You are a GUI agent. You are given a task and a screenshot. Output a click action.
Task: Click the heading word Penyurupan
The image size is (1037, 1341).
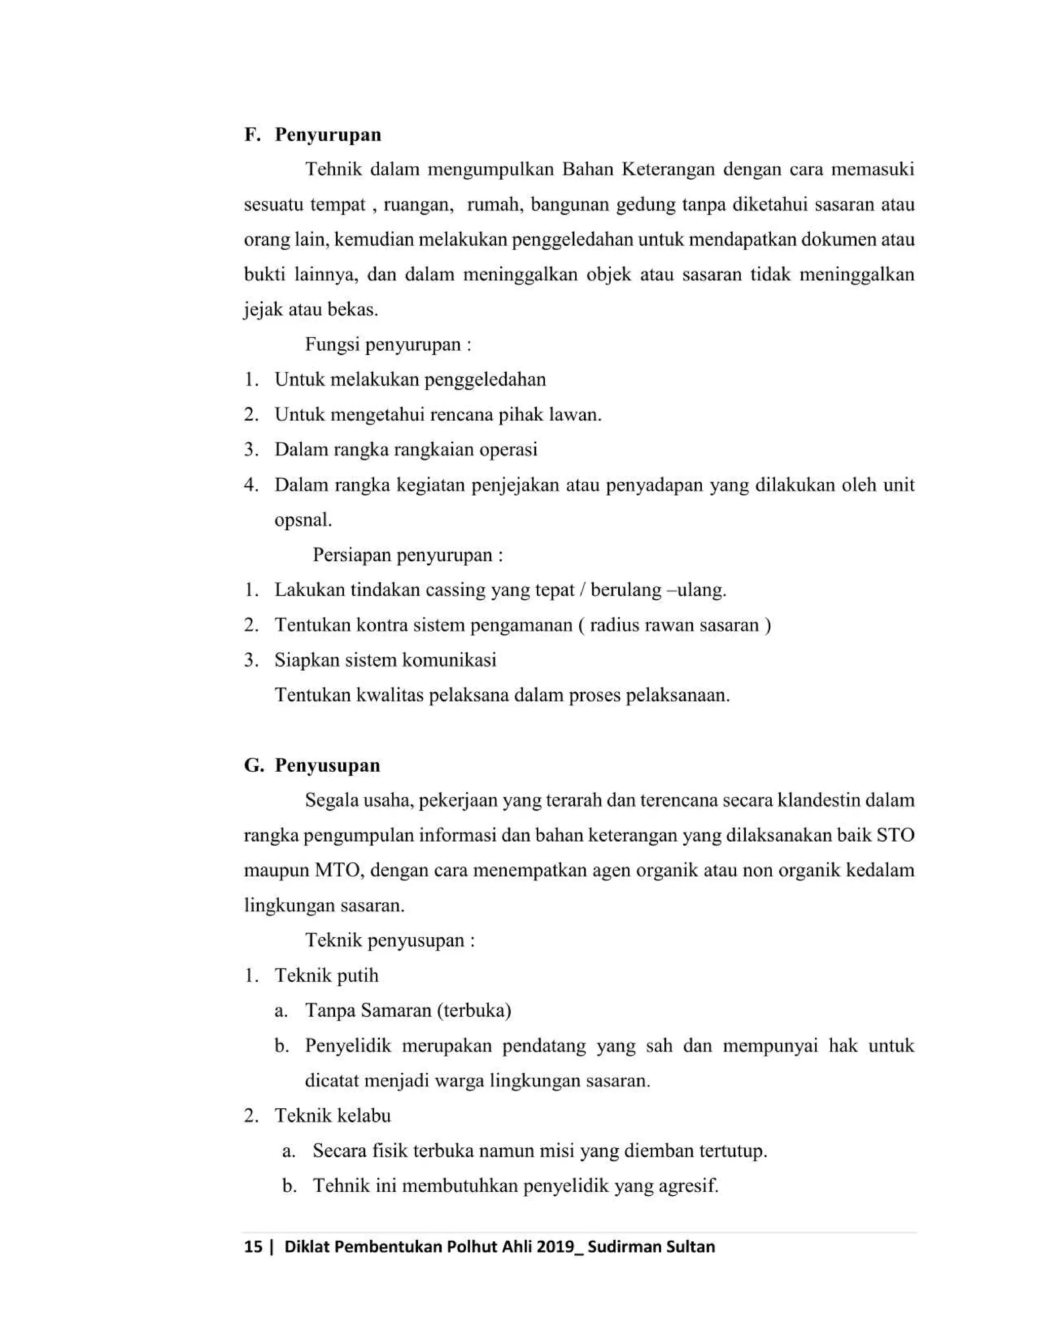coord(328,135)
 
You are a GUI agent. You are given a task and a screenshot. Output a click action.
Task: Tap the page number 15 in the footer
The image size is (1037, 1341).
coord(253,1246)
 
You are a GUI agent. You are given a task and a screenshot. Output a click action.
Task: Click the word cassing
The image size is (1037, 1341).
coord(455,590)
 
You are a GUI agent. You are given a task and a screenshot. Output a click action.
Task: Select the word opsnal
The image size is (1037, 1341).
coord(302,521)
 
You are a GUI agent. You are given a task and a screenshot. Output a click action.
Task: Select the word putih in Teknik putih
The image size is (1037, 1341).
coord(357,976)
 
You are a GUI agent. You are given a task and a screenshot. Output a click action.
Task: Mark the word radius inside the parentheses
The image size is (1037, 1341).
coord(611,625)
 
